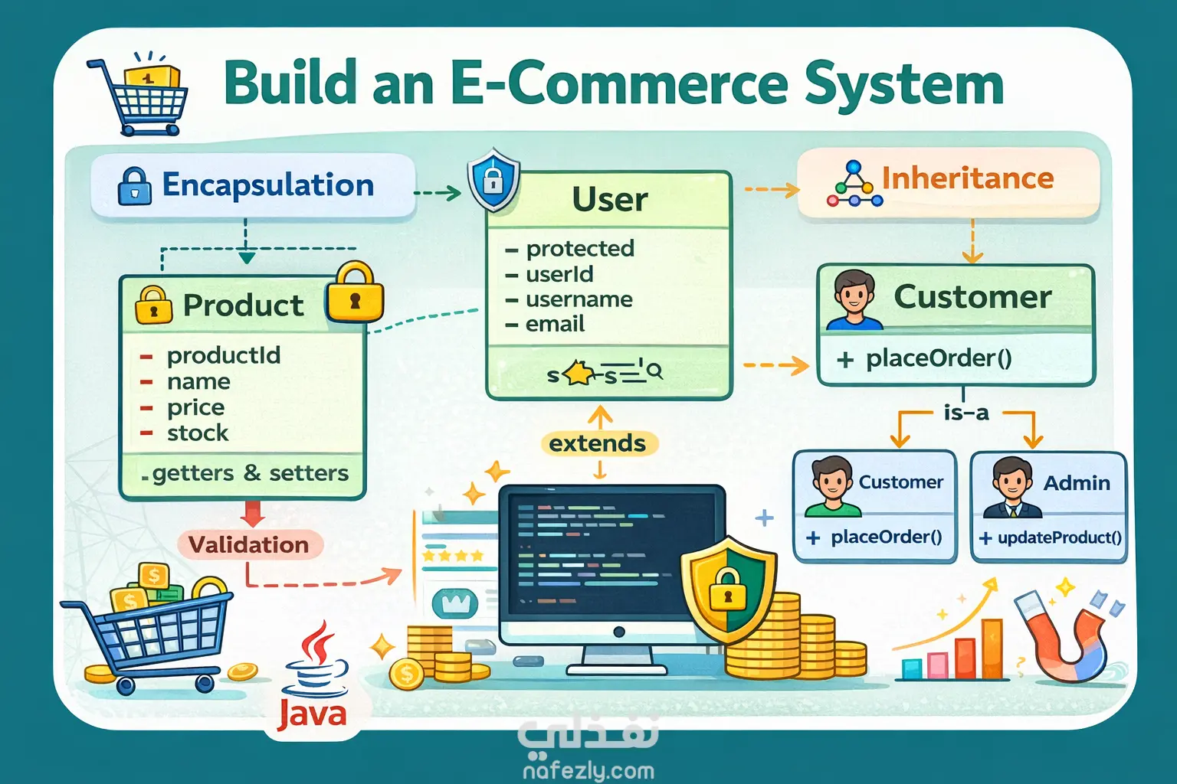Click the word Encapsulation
[267, 185]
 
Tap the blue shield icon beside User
[493, 181]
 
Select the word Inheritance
[967, 178]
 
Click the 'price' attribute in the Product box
[195, 407]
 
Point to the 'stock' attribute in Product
[198, 433]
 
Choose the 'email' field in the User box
[555, 325]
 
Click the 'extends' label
[598, 443]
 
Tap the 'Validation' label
[248, 545]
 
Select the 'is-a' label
[966, 413]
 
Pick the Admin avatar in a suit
[1011, 487]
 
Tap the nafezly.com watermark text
[588, 770]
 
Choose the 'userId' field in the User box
[559, 274]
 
